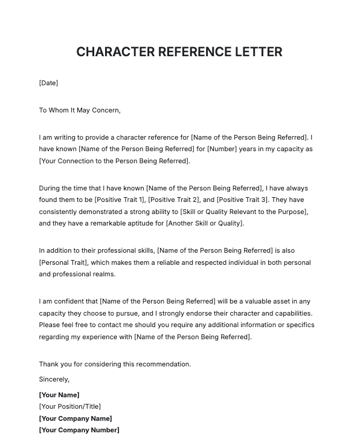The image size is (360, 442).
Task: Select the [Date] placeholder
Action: click(x=48, y=83)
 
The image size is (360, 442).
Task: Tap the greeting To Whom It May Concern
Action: click(x=80, y=110)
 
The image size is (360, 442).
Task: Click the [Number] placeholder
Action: click(x=222, y=149)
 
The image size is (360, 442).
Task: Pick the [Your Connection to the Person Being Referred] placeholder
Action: click(x=114, y=161)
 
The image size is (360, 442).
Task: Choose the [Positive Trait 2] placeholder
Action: click(x=174, y=200)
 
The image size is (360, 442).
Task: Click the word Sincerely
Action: click(x=54, y=379)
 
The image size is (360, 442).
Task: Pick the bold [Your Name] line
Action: click(x=59, y=395)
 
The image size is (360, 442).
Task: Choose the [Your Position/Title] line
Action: click(x=69, y=406)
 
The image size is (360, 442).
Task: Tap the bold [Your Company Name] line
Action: click(x=76, y=418)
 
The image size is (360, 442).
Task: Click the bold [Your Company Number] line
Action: click(x=79, y=430)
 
